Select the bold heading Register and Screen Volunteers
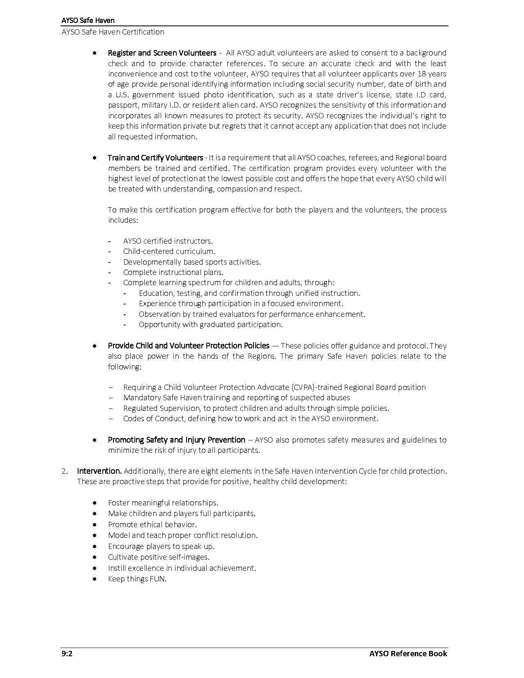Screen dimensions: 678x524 coord(162,53)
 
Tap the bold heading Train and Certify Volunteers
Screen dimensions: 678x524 coord(155,158)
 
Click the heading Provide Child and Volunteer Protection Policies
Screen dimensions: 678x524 coord(189,346)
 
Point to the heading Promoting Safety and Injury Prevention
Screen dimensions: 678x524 coord(176,440)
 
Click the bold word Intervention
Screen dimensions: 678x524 coord(99,471)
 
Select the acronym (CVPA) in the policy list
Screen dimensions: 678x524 coord(302,387)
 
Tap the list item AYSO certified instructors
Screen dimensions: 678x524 coord(168,241)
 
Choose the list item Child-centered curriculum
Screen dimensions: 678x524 coord(169,251)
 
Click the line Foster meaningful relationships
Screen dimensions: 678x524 coord(163,503)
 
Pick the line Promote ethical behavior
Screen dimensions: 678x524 coord(152,524)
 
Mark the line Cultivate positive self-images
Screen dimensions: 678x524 coord(159,557)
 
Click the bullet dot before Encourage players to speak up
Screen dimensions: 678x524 coord(95,546)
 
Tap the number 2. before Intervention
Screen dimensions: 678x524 coord(65,471)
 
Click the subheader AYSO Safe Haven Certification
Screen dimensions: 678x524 coord(113,32)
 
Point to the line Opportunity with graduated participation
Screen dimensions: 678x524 coord(210,324)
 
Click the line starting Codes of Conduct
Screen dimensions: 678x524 coord(251,418)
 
